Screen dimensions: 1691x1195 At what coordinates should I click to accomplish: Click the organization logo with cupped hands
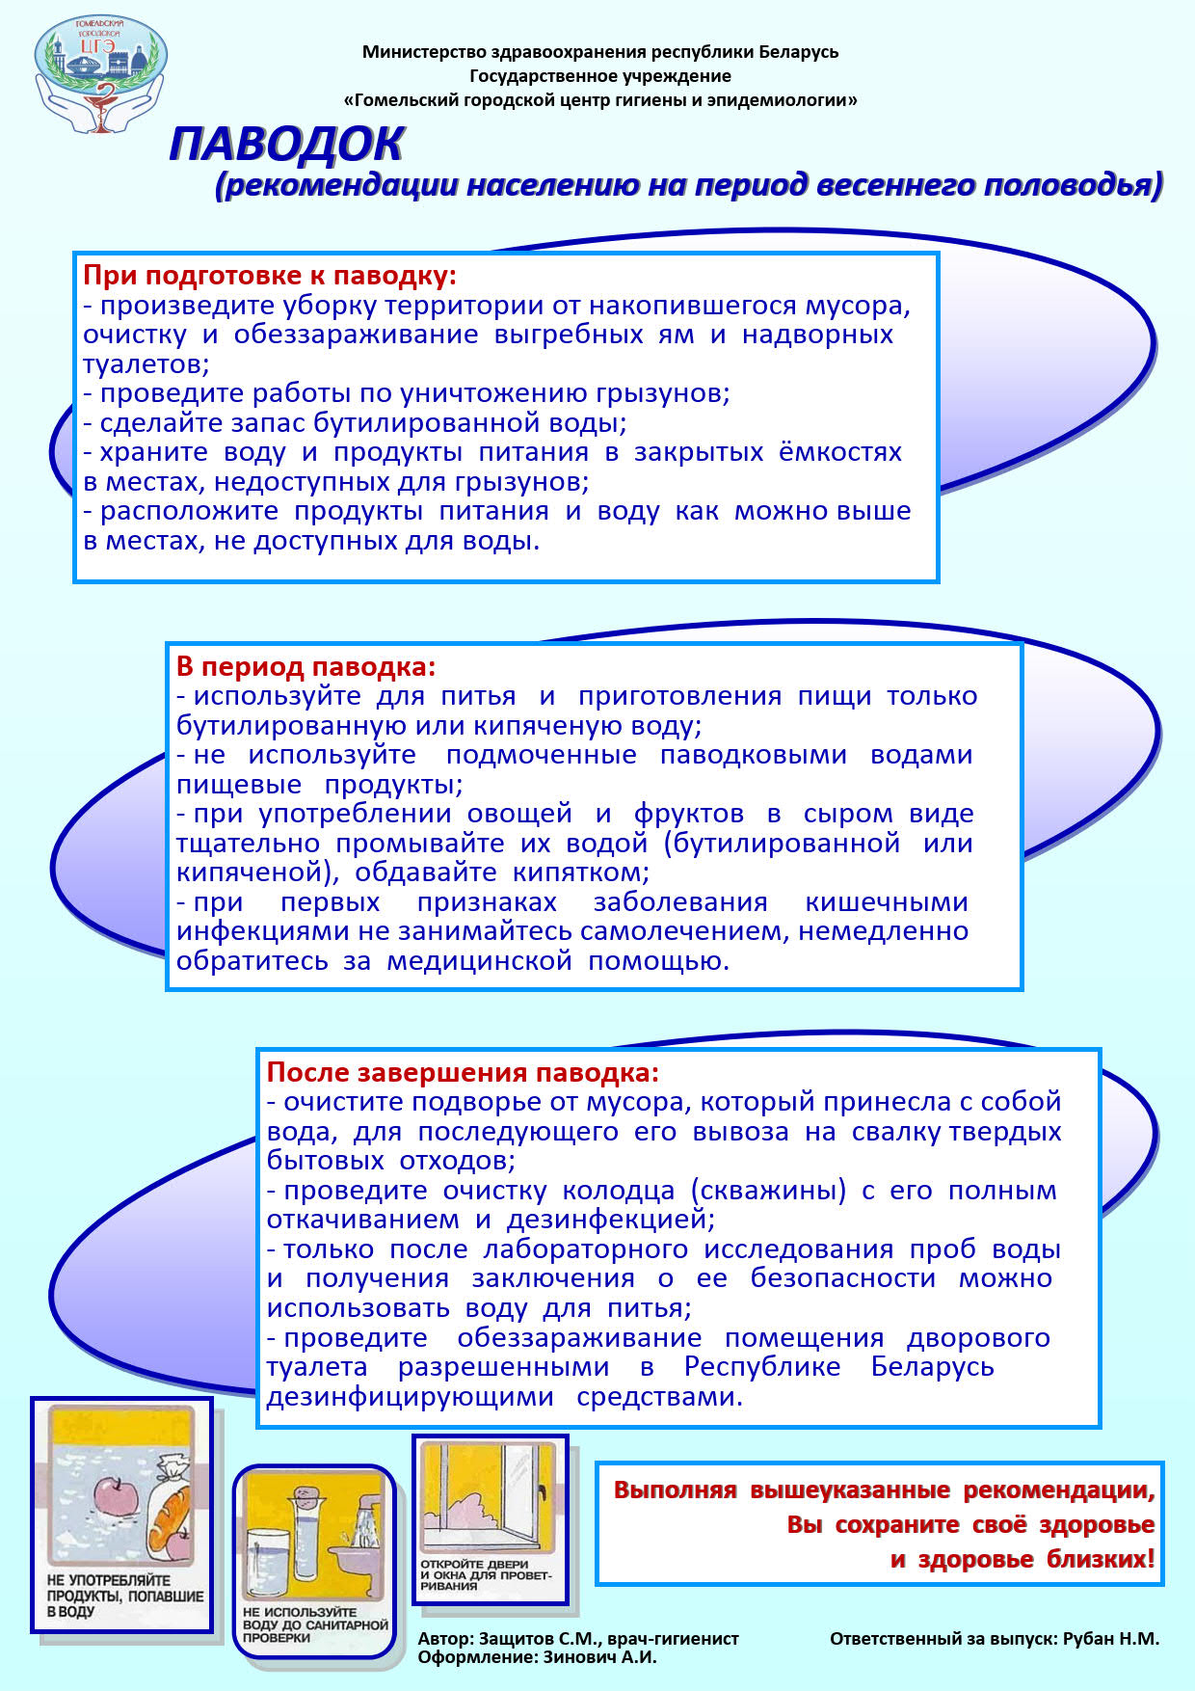100,74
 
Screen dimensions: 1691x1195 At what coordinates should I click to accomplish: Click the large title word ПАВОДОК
286,145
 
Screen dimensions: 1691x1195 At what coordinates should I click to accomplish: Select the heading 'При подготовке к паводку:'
270,276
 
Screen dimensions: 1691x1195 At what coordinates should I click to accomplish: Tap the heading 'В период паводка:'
305,666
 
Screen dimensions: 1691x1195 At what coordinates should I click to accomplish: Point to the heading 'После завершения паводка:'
463,1072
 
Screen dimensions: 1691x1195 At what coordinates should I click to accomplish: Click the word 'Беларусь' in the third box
932,1367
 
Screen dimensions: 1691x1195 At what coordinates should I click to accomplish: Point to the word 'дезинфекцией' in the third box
610,1220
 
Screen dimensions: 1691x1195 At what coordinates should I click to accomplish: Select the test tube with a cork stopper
310,1537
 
